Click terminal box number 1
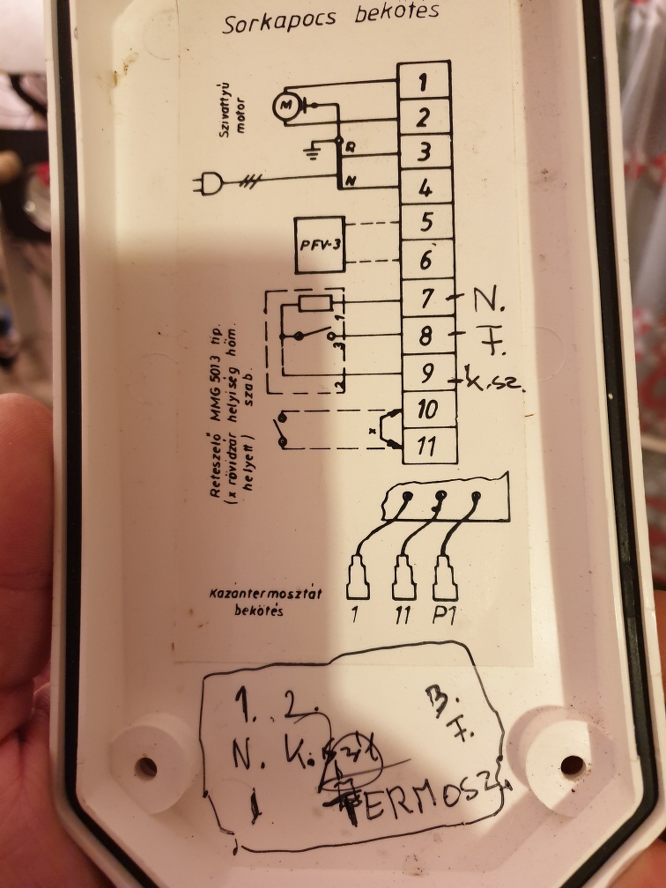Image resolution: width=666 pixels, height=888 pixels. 424,82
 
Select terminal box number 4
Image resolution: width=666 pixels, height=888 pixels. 425,187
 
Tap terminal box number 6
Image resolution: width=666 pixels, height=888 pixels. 426,259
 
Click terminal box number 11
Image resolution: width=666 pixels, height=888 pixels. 428,446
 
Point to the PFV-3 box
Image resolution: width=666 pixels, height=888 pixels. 320,243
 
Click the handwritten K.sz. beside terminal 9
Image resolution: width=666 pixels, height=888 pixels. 493,384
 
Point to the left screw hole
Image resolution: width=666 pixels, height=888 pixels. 145,766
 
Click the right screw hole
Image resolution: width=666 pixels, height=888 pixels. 571,764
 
